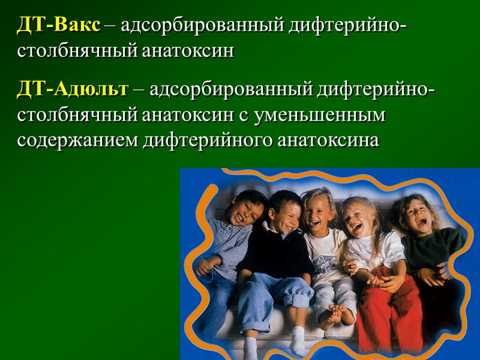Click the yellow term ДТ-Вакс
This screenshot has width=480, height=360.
coord(59,27)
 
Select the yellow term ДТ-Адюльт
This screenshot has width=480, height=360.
coord(73,90)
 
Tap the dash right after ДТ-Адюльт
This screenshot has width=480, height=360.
coord(139,91)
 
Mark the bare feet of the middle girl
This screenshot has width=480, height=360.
coord(333,315)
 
